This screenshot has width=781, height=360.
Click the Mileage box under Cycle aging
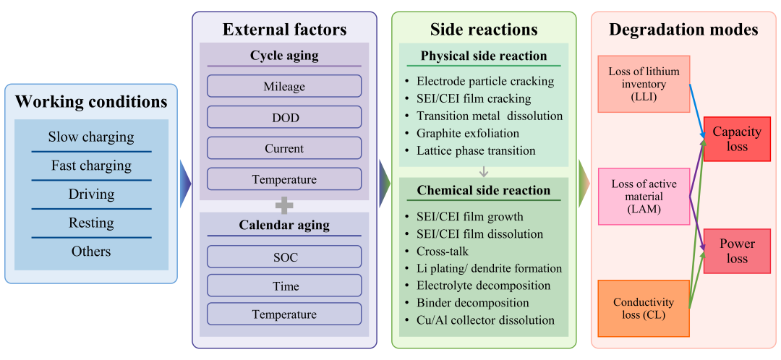284,86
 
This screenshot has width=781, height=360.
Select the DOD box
284,117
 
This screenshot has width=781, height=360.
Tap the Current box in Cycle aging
284,148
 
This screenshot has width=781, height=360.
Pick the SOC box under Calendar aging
284,257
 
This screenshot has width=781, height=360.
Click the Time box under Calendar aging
284,286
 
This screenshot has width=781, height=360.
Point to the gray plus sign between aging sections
284,205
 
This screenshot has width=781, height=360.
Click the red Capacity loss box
737,139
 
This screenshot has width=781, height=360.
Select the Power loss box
737,251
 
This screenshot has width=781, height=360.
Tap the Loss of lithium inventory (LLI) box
644,84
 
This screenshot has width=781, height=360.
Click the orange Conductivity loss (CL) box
644,308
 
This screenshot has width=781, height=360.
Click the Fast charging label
91,166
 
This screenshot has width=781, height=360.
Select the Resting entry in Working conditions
91,223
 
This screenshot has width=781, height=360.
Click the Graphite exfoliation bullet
467,134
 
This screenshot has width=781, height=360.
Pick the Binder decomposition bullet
472,303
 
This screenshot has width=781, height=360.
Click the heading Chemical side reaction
484,191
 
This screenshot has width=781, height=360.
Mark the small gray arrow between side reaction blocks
484,172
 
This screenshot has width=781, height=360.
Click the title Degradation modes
683,30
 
